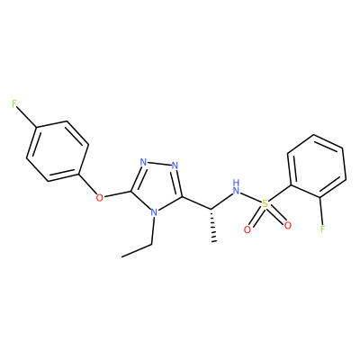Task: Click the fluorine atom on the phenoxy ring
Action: (13, 104)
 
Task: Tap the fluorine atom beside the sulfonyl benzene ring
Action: (323, 229)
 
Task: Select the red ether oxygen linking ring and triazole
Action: (100, 198)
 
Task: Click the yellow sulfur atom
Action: (265, 203)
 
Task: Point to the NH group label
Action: (237, 186)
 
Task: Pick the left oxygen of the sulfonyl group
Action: (247, 229)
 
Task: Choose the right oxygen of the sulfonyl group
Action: (288, 225)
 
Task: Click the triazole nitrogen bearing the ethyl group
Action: (154, 212)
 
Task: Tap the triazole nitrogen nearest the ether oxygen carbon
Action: (143, 163)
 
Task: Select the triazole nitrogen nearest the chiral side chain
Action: (175, 166)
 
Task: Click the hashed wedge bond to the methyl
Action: (213, 225)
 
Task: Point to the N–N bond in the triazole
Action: (159, 164)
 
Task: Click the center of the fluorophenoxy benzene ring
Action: (58, 151)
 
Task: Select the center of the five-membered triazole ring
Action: (157, 185)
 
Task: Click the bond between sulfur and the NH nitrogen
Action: (251, 197)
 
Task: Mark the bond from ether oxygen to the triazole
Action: (117, 194)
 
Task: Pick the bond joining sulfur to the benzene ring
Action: (280, 192)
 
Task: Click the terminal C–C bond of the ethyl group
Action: (137, 250)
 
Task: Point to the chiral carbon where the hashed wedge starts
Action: (211, 209)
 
